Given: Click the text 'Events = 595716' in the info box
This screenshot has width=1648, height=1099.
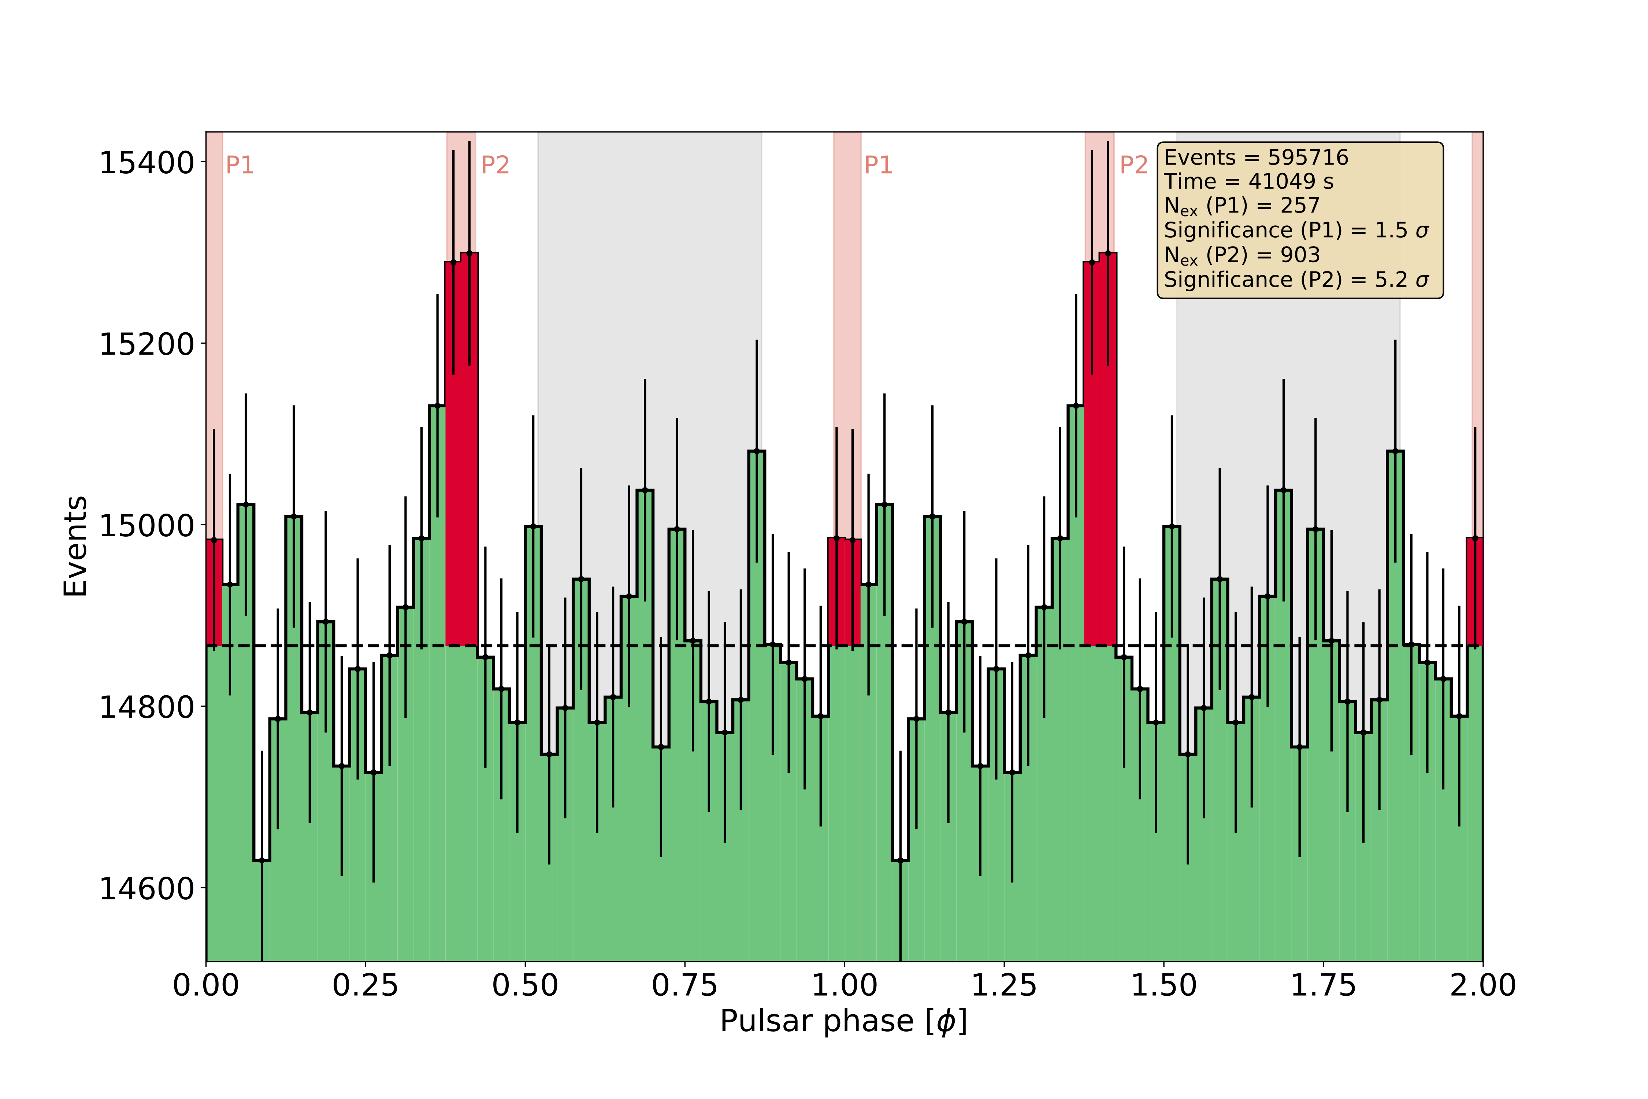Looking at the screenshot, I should coord(1256,158).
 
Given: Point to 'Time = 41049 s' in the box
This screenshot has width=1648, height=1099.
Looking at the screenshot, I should coord(1248,182).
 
